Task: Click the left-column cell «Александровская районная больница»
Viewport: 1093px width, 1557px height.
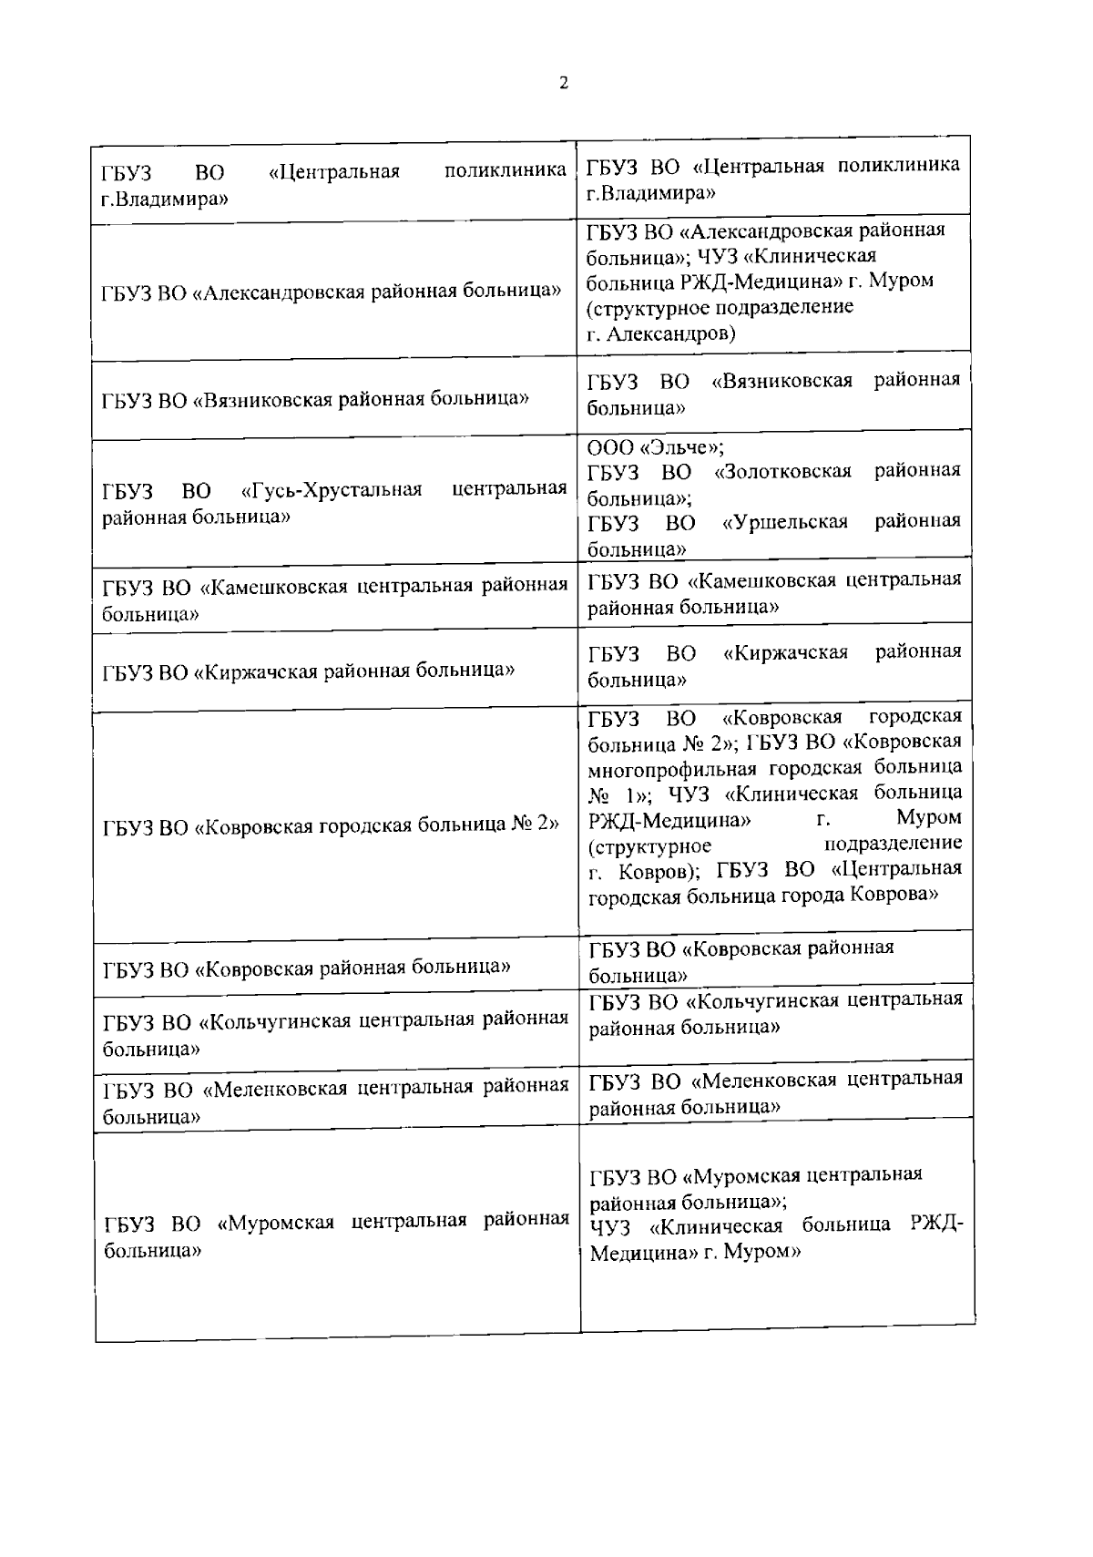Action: [x=331, y=292]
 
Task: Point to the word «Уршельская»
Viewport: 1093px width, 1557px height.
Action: [x=784, y=522]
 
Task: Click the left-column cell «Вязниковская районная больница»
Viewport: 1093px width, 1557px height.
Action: [x=316, y=399]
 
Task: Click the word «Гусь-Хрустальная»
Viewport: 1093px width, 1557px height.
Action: [x=332, y=490]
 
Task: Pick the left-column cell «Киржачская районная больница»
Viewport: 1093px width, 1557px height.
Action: [x=309, y=671]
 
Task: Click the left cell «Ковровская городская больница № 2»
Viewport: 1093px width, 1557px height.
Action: [x=331, y=825]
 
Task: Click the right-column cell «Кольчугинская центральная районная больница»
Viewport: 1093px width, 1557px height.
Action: [x=775, y=1014]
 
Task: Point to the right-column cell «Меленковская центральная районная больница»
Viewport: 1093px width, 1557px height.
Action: [x=775, y=1093]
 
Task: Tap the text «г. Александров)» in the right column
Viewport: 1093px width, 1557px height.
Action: [x=661, y=333]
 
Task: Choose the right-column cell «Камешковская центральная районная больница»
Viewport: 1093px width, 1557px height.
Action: [x=774, y=593]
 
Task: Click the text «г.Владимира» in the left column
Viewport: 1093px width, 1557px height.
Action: [x=164, y=197]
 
